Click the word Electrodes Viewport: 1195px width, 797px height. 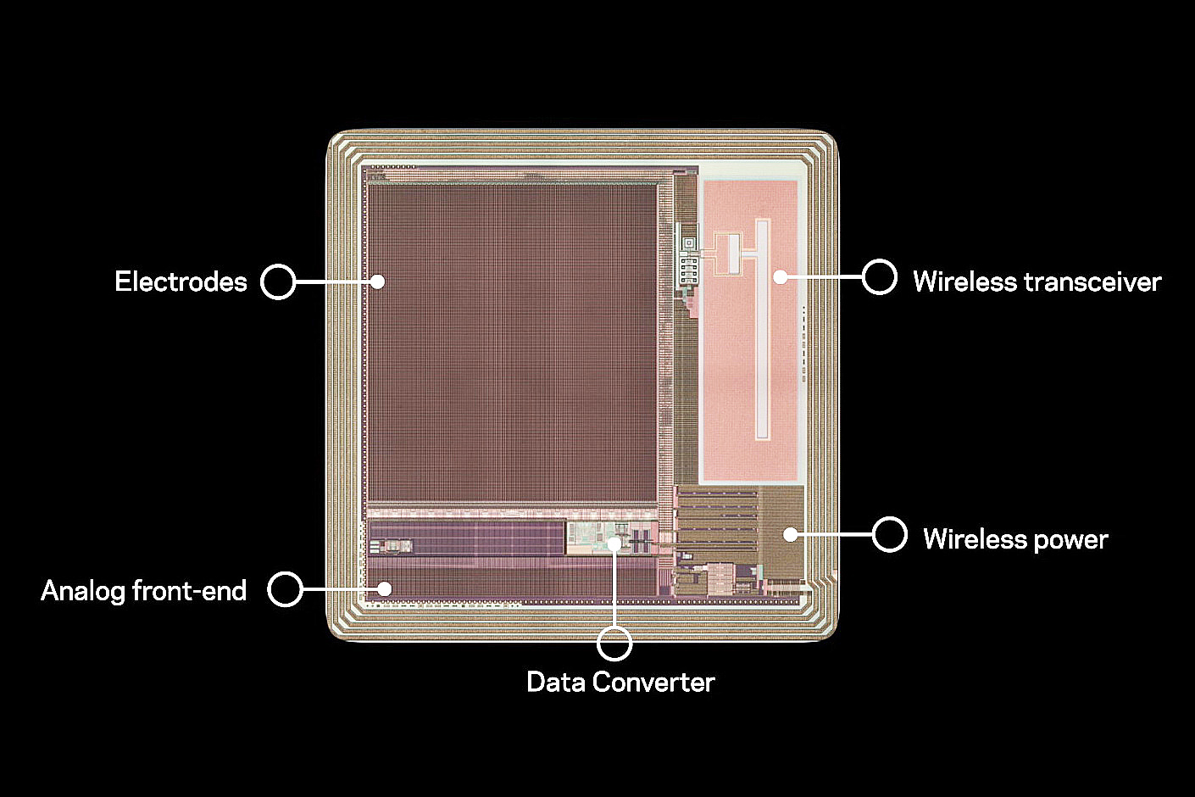181,281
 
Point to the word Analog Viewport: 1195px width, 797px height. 82,591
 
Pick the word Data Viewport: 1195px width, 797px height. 556,682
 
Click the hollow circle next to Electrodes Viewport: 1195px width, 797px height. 278,281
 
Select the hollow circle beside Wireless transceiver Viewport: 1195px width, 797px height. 880,276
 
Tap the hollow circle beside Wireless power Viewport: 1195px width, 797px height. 890,534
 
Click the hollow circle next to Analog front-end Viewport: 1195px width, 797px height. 286,588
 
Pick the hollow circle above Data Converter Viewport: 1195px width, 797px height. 614,644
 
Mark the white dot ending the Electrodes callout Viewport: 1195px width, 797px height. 378,281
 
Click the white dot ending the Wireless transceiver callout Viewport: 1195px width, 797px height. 780,276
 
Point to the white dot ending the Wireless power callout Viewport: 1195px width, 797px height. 790,534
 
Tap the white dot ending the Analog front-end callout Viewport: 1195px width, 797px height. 385,588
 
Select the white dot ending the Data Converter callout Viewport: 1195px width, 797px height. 614,543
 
